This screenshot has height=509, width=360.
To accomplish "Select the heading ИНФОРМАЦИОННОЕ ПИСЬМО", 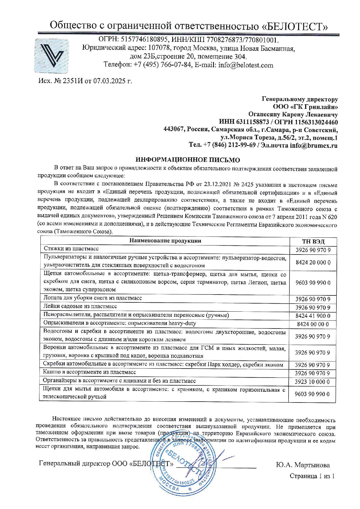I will tap(188, 160).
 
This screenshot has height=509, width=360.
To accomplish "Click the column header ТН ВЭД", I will tap(313, 241).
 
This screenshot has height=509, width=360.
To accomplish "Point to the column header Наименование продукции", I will tap(165, 241).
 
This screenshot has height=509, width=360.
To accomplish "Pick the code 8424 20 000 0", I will tap(313, 262).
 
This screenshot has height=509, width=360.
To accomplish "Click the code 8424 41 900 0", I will tap(313, 316).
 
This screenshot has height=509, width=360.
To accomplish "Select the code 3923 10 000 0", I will tap(312, 382).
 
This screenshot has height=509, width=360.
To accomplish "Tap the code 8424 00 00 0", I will tap(313, 324).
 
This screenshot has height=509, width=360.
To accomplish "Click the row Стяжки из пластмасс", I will tap(71, 249).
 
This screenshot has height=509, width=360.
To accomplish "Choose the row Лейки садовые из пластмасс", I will tap(80, 306).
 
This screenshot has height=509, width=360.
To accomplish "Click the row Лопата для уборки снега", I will tap(92, 298).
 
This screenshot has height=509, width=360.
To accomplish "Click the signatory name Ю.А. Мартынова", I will tap(303, 465).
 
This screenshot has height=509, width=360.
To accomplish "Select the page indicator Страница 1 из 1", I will tap(312, 476).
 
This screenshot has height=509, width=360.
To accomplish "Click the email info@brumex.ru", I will tap(314, 145).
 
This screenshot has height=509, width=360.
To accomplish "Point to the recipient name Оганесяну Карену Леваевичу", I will tap(293, 115).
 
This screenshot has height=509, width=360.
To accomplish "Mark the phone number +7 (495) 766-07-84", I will tap(163, 65).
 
